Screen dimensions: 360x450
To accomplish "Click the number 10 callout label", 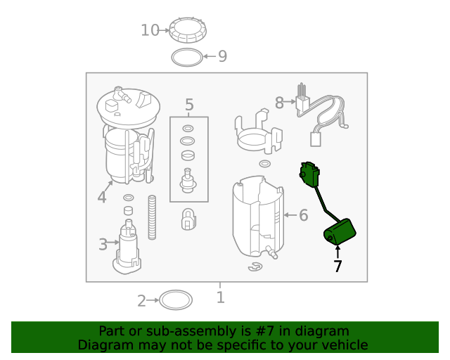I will (150, 30).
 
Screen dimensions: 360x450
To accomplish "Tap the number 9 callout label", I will (222, 56).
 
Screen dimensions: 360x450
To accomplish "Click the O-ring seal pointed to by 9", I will (186, 56).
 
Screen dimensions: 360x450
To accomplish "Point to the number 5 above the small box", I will (189, 105).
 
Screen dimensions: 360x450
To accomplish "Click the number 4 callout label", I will (102, 198).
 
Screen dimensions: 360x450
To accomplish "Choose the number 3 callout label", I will (103, 245).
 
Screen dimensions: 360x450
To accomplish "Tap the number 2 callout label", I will (141, 301).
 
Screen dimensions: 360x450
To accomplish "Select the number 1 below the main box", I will (220, 297).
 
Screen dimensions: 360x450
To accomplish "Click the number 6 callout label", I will (303, 215).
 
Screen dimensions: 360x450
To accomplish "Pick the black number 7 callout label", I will (337, 266).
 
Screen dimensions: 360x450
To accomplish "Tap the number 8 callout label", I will (279, 103).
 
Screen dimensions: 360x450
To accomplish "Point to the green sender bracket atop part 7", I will (309, 174).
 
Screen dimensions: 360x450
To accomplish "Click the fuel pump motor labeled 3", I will (128, 246).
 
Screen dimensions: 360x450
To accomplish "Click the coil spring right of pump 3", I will (150, 219).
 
